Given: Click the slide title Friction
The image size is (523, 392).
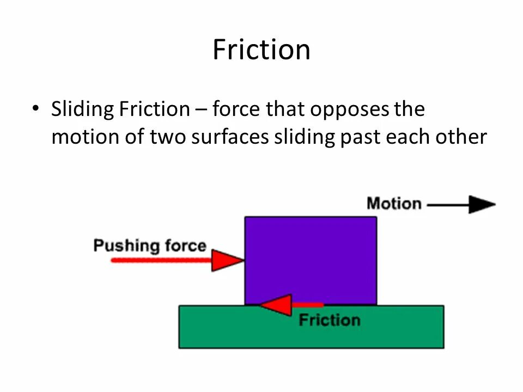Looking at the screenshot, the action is tap(261, 50).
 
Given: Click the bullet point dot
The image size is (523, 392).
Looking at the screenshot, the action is tap(36, 108).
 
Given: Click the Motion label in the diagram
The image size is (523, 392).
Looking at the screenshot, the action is tap(394, 204).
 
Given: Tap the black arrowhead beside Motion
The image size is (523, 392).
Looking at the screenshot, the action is tap(482, 205).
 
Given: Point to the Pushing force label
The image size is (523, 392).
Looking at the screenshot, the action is tap(150, 246).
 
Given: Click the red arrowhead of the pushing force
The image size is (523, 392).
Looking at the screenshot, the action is tap(226, 260).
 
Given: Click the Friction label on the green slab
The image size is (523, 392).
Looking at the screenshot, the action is tap(330, 320).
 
